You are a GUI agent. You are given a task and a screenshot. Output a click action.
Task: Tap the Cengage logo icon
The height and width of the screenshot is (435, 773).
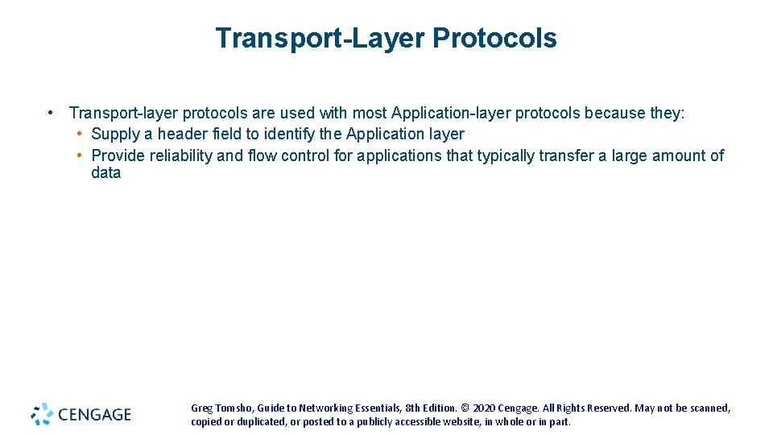[42, 414]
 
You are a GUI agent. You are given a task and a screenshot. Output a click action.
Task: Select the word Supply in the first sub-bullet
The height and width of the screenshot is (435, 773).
[115, 134]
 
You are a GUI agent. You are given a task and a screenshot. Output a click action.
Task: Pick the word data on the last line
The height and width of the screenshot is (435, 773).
[105, 173]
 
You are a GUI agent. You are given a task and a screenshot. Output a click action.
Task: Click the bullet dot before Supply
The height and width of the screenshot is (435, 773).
[81, 134]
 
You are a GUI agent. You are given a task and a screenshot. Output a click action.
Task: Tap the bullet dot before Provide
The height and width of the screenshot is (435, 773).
[81, 155]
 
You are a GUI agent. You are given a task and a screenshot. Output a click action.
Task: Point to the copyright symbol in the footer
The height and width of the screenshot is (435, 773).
[465, 408]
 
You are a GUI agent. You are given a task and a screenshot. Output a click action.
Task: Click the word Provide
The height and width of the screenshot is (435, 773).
[120, 155]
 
